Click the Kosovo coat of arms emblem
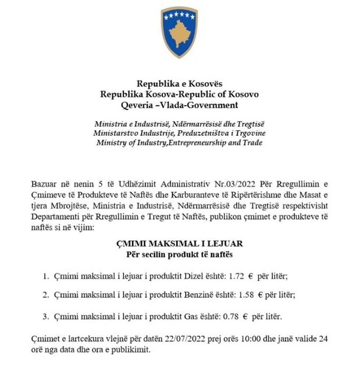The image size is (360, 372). pyautogui.click(x=179, y=32)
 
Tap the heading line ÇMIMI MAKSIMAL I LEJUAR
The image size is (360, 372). pyautogui.click(x=179, y=244)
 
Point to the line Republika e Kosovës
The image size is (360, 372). pyautogui.click(x=179, y=84)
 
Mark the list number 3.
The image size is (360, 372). pyautogui.click(x=46, y=316)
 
